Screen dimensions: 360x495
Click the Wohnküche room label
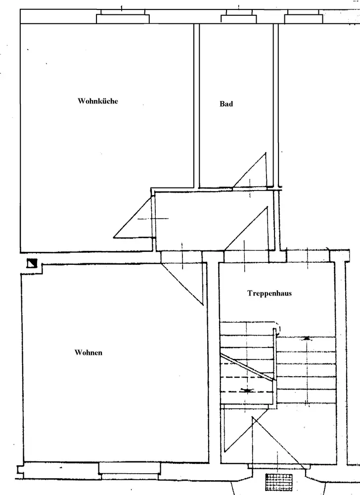pyautogui.click(x=98, y=101)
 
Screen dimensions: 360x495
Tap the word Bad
pyautogui.click(x=226, y=104)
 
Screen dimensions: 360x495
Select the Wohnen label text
pyautogui.click(x=88, y=352)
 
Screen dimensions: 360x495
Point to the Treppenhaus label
pyautogui.click(x=270, y=293)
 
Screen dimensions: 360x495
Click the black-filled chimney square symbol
pyautogui.click(x=32, y=263)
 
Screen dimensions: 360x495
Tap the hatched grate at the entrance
pyautogui.click(x=279, y=482)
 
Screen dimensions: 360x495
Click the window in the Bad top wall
pyautogui.click(x=239, y=16)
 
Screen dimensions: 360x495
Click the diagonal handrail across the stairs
pyautogui.click(x=247, y=367)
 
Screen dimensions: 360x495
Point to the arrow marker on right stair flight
pyautogui.click(x=307, y=338)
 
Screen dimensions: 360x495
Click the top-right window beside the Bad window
pyautogui.click(x=304, y=16)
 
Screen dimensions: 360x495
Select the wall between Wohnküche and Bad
pyautogui.click(x=197, y=106)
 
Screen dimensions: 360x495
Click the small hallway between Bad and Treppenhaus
pyautogui.click(x=214, y=221)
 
